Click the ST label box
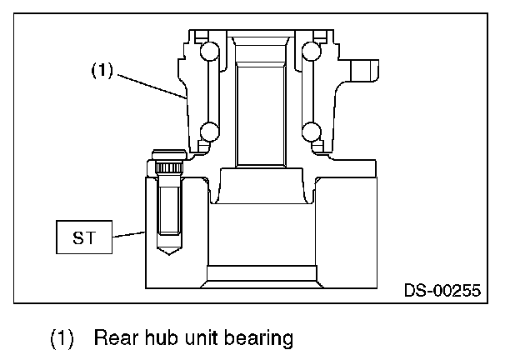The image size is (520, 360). click(x=83, y=237)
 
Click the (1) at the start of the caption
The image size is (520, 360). click(x=63, y=338)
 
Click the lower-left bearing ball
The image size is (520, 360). click(x=208, y=132)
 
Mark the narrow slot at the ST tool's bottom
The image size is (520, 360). click(x=260, y=273)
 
